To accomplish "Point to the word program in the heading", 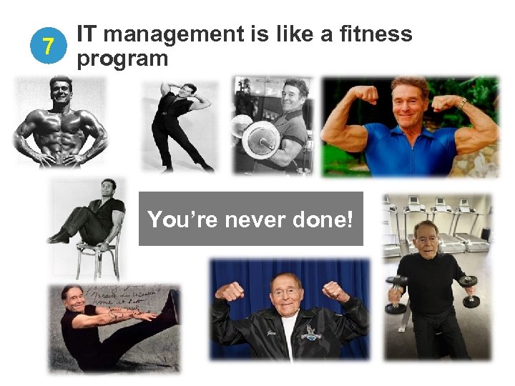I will point(122,59).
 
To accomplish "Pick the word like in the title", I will point(281,34).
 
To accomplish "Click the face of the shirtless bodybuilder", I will point(61,91).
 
